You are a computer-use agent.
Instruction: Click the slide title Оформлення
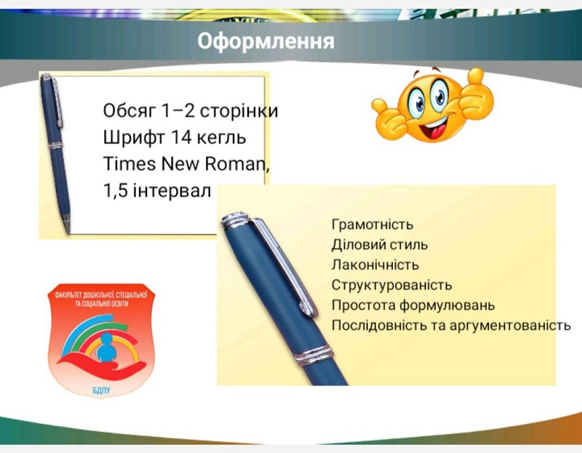tap(266, 41)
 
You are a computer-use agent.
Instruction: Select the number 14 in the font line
tap(181, 137)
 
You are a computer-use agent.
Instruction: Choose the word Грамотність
tap(372, 225)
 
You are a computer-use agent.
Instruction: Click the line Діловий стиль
tap(379, 245)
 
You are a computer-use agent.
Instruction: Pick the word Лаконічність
tap(375, 265)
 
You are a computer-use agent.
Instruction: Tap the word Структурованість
tap(391, 285)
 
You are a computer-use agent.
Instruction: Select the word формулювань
tap(447, 305)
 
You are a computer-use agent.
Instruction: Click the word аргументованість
tap(510, 325)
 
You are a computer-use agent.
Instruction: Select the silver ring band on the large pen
tap(314, 355)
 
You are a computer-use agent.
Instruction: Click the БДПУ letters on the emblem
tap(101, 390)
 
